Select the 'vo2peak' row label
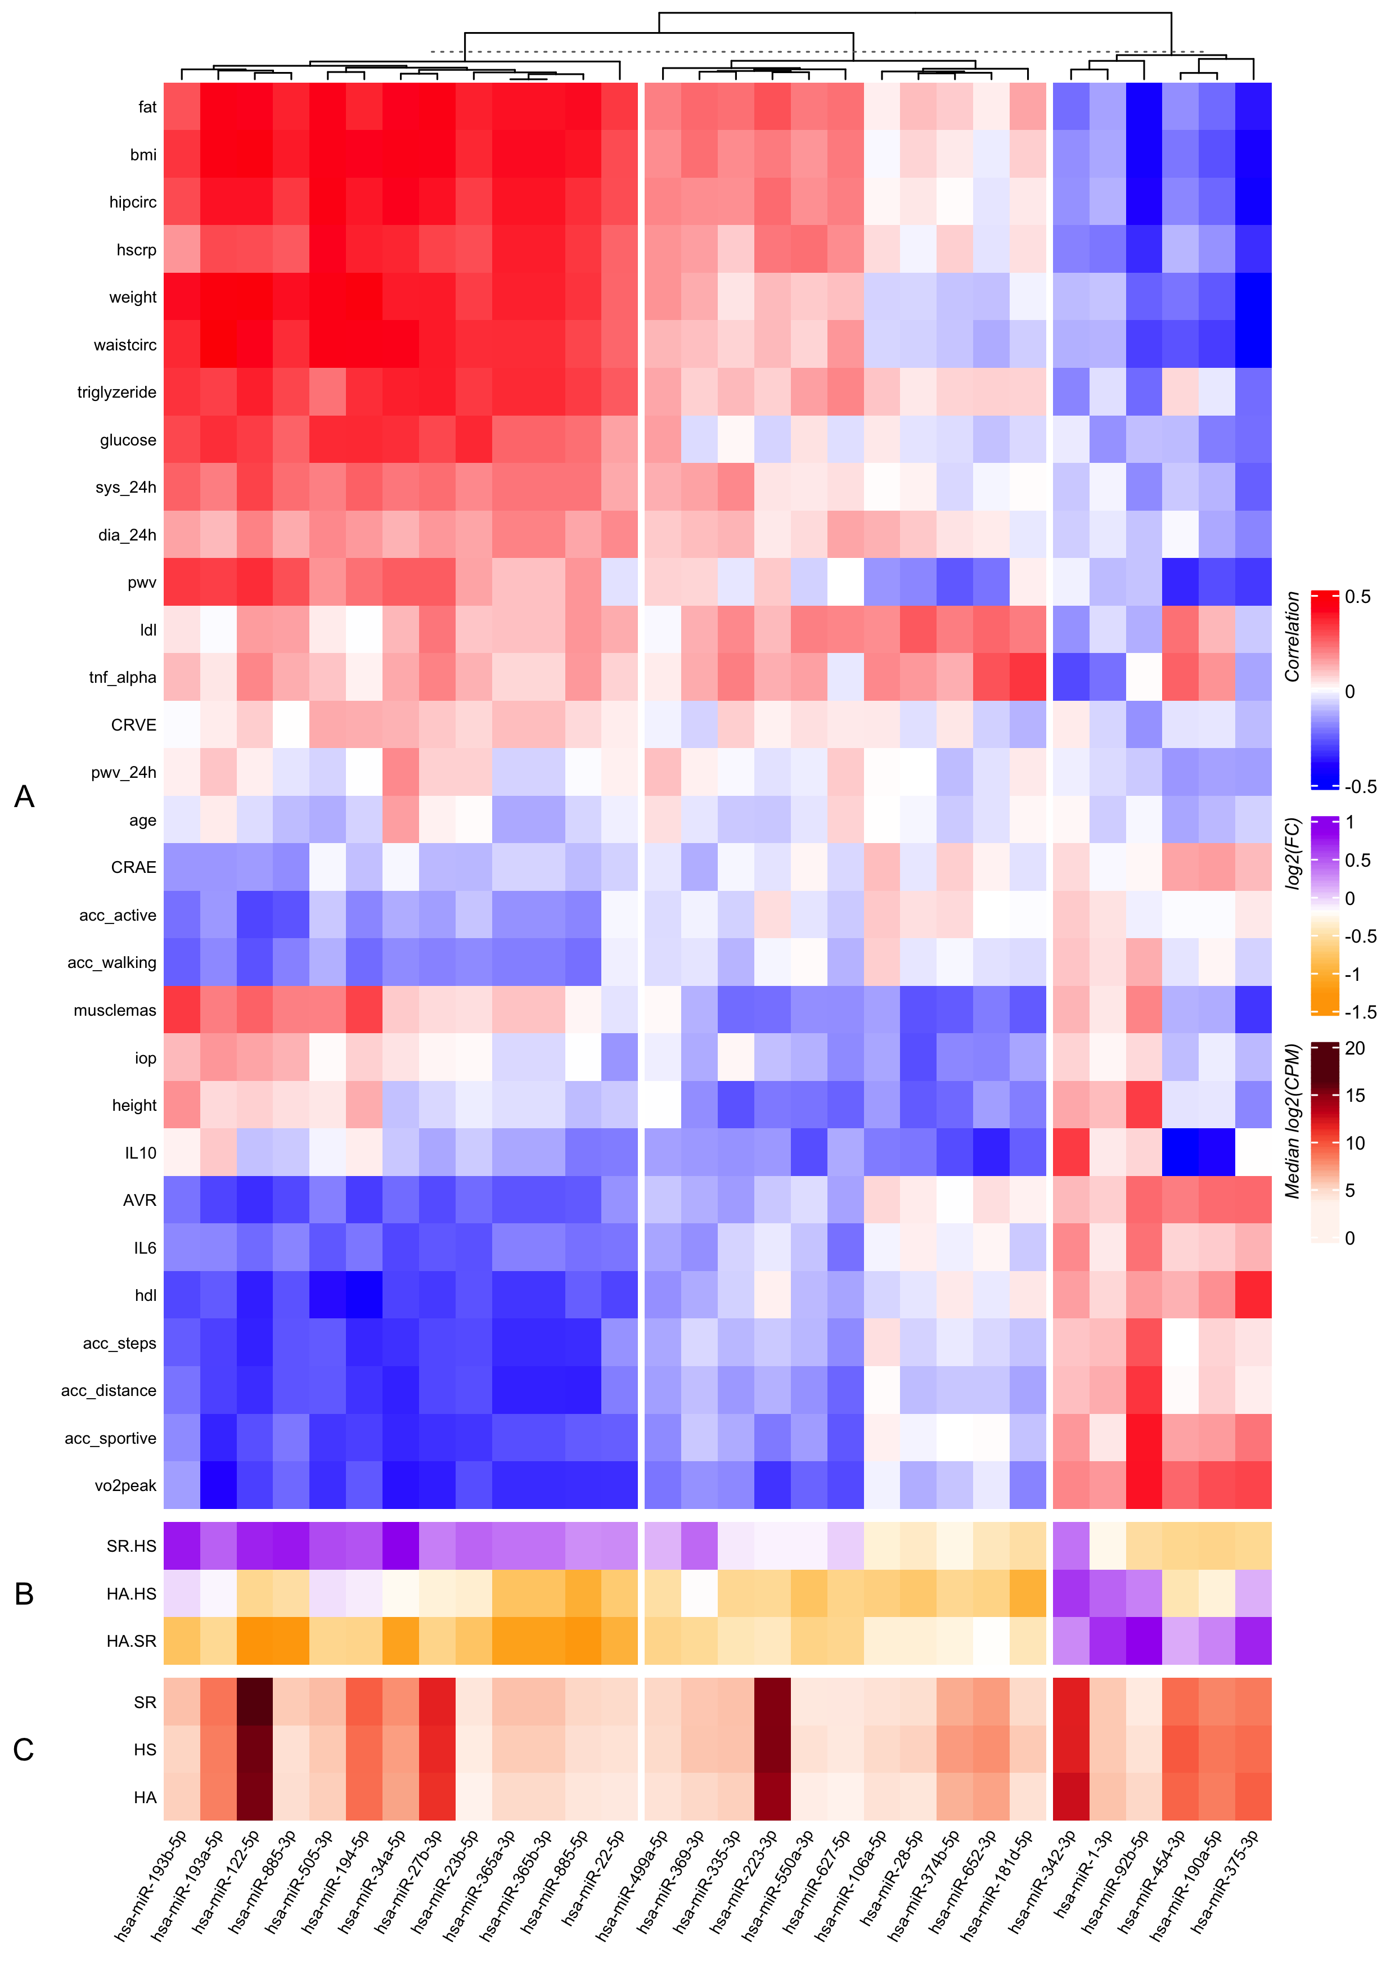(x=125, y=1486)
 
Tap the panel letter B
(x=24, y=1594)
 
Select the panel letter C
(x=24, y=1750)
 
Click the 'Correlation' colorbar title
(x=1292, y=637)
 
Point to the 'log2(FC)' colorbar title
(x=1292, y=853)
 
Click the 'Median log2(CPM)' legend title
(x=1292, y=1121)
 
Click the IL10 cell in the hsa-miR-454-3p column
(x=1179, y=1152)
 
